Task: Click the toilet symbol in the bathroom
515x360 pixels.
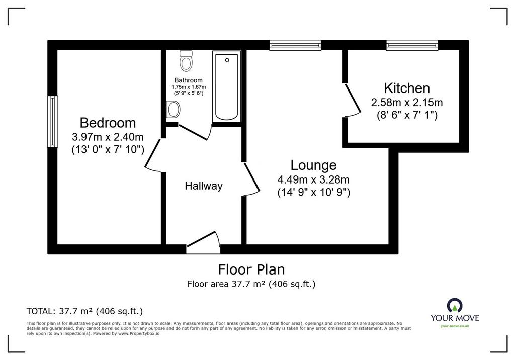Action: click(x=186, y=61)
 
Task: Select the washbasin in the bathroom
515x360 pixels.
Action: click(x=173, y=110)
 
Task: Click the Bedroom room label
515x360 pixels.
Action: click(x=108, y=123)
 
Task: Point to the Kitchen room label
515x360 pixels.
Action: click(x=407, y=88)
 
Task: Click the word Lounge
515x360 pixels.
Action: click(x=314, y=165)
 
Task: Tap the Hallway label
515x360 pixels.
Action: click(x=204, y=186)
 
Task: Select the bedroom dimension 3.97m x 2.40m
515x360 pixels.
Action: click(x=108, y=137)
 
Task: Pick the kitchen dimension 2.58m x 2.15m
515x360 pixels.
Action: click(x=407, y=103)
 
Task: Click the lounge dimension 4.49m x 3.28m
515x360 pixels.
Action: click(x=314, y=179)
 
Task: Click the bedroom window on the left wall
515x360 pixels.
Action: click(x=52, y=122)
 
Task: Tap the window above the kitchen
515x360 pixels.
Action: click(x=412, y=45)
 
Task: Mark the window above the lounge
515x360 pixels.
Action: click(x=295, y=45)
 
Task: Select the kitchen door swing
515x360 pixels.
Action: click(x=352, y=100)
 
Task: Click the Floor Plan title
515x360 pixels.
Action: click(x=251, y=269)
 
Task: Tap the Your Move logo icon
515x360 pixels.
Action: click(x=455, y=306)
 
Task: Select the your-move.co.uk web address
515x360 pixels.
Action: click(x=455, y=326)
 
